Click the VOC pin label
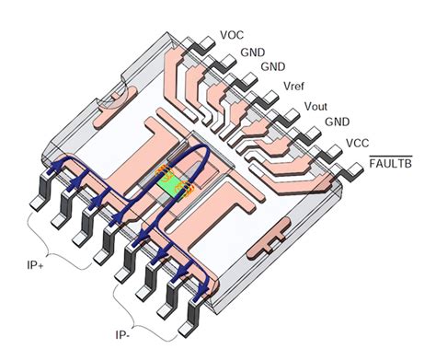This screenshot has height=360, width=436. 232,35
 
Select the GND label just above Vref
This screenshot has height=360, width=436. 272,67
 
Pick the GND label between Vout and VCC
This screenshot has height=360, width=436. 337,121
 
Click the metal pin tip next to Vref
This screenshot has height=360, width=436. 269,96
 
